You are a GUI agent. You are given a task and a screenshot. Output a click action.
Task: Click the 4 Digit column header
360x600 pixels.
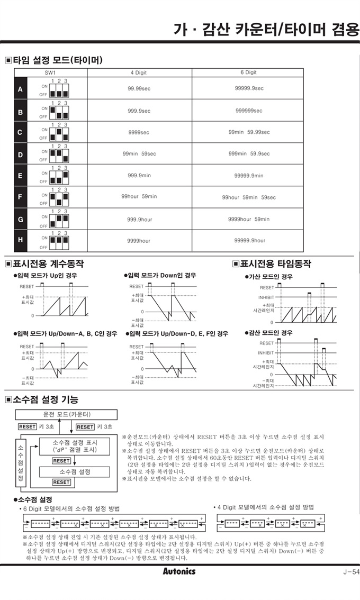[139, 72]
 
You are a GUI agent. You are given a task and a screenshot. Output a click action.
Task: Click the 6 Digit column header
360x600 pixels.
[248, 72]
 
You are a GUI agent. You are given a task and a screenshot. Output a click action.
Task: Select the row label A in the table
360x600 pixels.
[20, 89]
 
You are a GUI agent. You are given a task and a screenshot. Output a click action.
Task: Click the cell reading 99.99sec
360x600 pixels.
[139, 88]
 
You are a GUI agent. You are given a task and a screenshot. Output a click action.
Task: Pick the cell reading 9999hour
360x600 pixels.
[139, 241]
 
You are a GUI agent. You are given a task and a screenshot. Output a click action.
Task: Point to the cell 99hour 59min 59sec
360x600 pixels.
[248, 197]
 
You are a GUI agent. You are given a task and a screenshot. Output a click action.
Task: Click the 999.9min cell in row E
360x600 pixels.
[139, 176]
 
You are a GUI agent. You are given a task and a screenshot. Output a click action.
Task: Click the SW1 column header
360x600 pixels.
[50, 72]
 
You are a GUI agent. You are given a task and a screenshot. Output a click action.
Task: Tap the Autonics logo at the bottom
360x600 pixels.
[178, 571]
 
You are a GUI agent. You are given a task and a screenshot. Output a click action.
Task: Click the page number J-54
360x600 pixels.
[349, 571]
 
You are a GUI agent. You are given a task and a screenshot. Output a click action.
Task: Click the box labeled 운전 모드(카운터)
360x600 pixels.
[66, 414]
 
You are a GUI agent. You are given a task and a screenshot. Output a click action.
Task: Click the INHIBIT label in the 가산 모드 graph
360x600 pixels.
[266, 297]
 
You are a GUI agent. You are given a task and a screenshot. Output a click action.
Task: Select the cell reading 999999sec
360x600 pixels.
[248, 111]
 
